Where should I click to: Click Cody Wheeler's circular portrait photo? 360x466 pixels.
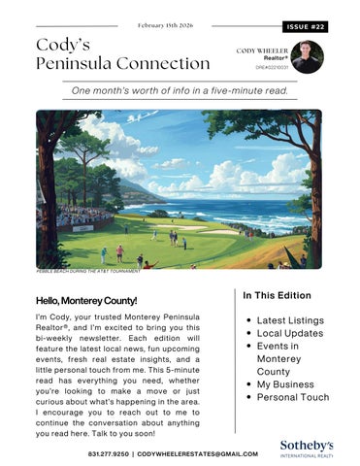coord(307,56)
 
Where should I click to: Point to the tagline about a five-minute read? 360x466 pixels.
coord(180,90)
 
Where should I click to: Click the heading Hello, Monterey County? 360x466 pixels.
coord(86,301)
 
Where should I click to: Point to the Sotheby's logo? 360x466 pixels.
coord(306,448)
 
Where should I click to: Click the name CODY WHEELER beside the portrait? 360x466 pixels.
coord(262,49)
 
